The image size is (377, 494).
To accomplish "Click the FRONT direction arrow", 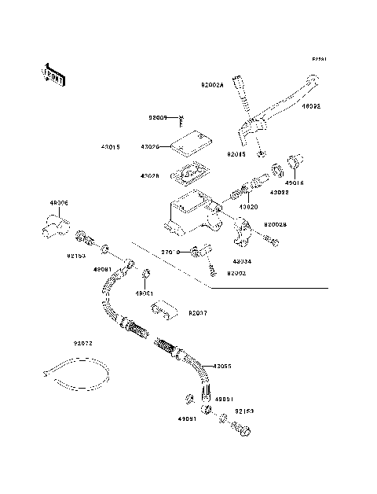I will point(54,73).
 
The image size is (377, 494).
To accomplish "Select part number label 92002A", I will point(212,83).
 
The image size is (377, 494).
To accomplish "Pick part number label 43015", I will point(111,146).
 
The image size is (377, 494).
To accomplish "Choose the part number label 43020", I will point(249,207).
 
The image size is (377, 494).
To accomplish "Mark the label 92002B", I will point(275,223).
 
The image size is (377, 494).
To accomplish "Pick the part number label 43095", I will point(223,366).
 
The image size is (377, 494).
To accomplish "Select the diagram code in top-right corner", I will point(319,59).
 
